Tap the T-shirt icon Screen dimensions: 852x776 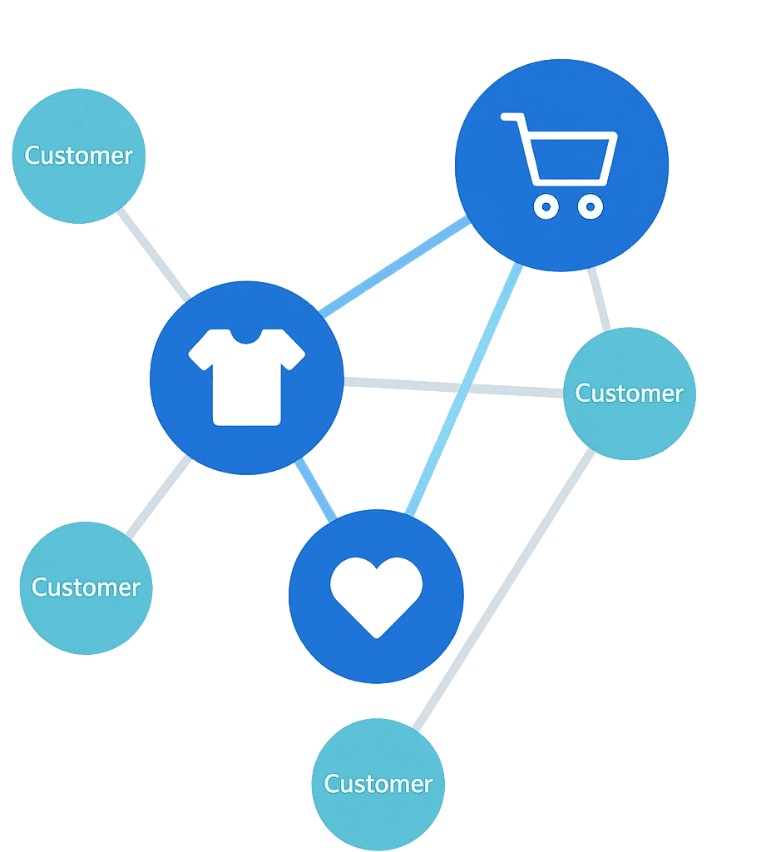(247, 376)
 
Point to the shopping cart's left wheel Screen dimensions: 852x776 (546, 206)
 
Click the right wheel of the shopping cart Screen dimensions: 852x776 (590, 206)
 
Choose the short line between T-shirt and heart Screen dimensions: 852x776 (315, 489)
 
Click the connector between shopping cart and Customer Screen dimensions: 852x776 (599, 300)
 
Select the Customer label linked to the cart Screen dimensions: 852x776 (629, 393)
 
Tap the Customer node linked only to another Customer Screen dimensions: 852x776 (378, 784)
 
